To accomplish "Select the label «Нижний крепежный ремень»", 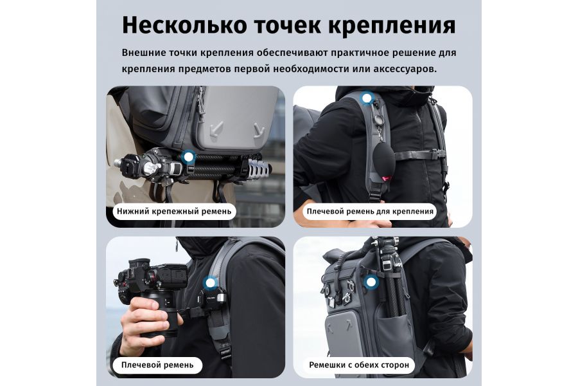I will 174,211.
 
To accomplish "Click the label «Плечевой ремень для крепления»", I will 370,211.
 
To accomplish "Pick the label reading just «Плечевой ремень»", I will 157,365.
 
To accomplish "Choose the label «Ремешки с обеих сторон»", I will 358,365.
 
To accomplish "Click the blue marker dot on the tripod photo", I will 188,156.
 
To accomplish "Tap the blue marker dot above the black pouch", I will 367,99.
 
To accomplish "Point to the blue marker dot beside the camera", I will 210,282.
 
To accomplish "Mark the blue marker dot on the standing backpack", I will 370,281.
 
